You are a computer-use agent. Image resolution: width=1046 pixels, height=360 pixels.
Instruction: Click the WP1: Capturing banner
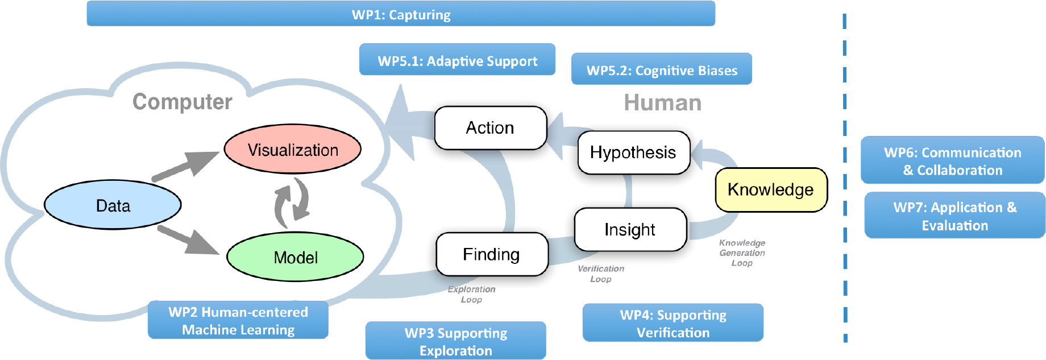click(401, 14)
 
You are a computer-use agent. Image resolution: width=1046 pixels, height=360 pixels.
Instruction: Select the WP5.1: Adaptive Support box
click(457, 60)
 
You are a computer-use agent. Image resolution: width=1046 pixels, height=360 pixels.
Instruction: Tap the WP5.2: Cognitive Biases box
click(662, 69)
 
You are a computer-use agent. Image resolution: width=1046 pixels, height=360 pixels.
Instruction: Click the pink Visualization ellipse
click(293, 149)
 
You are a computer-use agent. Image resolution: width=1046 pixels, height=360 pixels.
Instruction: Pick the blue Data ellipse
click(113, 205)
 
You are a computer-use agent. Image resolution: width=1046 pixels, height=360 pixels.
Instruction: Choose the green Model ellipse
click(295, 256)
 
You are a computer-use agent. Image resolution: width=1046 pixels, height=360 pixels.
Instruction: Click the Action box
click(491, 128)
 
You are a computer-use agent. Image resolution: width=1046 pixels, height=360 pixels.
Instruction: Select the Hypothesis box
click(634, 152)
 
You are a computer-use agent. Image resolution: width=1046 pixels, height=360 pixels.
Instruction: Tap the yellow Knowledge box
click(771, 189)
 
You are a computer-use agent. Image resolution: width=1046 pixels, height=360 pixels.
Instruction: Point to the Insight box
click(630, 229)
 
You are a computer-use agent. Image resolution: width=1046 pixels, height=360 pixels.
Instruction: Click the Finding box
click(492, 254)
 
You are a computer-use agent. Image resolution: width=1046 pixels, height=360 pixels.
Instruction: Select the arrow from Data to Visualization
click(185, 166)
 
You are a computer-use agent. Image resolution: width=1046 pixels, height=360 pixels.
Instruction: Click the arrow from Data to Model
click(188, 239)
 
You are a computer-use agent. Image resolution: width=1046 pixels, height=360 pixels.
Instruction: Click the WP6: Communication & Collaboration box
click(953, 160)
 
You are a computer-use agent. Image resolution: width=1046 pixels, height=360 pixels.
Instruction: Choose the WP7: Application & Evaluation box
click(955, 215)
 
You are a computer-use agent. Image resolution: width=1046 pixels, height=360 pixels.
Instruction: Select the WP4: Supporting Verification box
click(673, 322)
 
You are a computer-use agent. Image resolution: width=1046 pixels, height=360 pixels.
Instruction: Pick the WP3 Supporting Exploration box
click(456, 341)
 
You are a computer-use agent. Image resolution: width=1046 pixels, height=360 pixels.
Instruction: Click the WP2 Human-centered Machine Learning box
click(238, 320)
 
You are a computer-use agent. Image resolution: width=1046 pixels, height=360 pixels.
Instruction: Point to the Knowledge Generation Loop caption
click(742, 253)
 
